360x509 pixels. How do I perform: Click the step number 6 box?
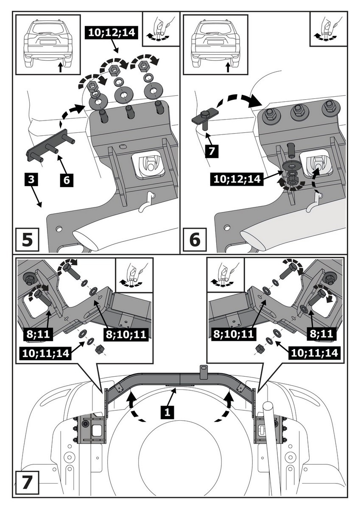pyautogui.click(x=194, y=240)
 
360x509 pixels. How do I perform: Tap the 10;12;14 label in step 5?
pyautogui.click(x=111, y=32)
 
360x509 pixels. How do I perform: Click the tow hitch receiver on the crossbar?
pyautogui.click(x=203, y=370)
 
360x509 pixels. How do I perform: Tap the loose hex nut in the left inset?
pyautogui.click(x=100, y=349)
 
